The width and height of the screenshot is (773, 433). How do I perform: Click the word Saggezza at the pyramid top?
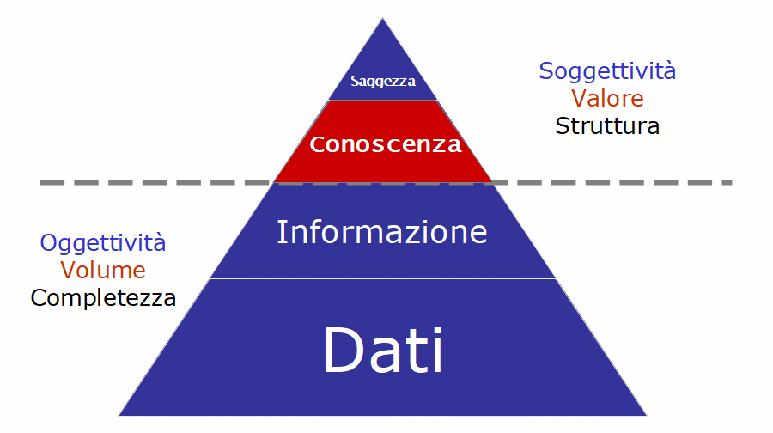(x=383, y=82)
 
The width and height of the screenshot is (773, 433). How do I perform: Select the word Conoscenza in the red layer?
(x=386, y=144)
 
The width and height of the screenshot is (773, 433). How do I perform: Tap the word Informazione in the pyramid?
(x=382, y=232)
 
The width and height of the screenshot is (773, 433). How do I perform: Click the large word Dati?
(x=383, y=351)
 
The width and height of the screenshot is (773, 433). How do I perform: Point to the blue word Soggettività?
(x=607, y=72)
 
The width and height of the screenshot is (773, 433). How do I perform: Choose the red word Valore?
(x=607, y=99)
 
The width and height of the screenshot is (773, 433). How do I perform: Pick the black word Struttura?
(x=607, y=126)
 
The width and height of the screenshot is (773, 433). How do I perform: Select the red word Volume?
(x=103, y=271)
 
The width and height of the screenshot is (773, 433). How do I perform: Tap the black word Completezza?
(x=104, y=298)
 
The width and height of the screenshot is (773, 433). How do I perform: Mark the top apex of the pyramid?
(x=382, y=18)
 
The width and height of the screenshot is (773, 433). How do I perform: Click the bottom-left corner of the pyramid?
(x=119, y=415)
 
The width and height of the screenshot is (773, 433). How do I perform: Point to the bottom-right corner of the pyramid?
(x=646, y=415)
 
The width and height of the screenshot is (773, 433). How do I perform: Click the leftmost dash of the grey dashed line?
(x=52, y=183)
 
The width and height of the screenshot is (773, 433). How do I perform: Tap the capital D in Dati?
(x=343, y=351)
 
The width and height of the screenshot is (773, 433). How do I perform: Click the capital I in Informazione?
(x=281, y=232)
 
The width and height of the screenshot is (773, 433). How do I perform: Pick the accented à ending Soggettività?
(x=669, y=71)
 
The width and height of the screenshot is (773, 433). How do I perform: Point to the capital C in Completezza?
(x=39, y=298)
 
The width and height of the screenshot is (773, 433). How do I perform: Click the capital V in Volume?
(x=69, y=271)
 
